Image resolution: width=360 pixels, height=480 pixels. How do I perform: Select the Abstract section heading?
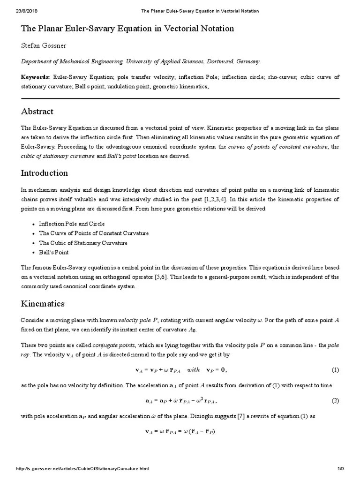pos(37,112)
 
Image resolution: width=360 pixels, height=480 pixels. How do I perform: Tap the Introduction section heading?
pos(45,173)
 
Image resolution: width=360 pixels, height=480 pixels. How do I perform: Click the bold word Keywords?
pos(35,77)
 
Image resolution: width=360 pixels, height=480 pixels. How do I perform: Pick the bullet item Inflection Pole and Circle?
pos(72,224)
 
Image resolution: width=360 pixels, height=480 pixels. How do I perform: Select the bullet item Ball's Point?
pos(53,252)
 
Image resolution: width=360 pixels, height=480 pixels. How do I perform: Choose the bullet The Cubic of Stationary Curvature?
pos(83,243)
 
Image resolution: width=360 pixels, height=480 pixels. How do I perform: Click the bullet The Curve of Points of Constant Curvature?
pos(94,233)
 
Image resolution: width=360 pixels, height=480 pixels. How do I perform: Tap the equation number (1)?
pos(335,370)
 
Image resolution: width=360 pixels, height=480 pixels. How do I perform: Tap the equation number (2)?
pos(335,401)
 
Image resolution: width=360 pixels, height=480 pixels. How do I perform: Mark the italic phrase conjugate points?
pos(112,345)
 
